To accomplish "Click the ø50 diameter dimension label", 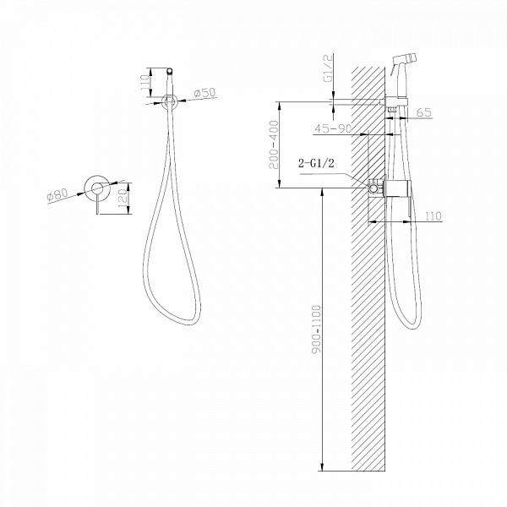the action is tap(204, 94).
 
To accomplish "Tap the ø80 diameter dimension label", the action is tap(57, 195).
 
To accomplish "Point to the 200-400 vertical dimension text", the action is tap(274, 144).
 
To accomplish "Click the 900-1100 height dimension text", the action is tap(317, 329).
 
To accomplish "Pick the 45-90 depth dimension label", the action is tap(333, 128).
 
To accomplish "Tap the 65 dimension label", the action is tap(424, 112).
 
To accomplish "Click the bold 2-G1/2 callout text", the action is tap(316, 163).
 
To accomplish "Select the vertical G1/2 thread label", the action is tap(327, 68).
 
